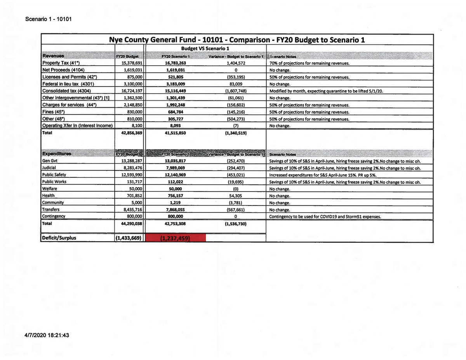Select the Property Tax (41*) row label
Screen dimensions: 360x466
tap(61, 63)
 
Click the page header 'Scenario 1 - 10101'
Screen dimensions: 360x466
tap(48, 19)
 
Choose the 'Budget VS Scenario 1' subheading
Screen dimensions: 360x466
tap(205, 48)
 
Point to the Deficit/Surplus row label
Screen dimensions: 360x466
tap(59, 238)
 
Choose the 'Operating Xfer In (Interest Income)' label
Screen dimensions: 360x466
tap(77, 125)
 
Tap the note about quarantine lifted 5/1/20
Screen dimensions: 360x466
tap(329, 91)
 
